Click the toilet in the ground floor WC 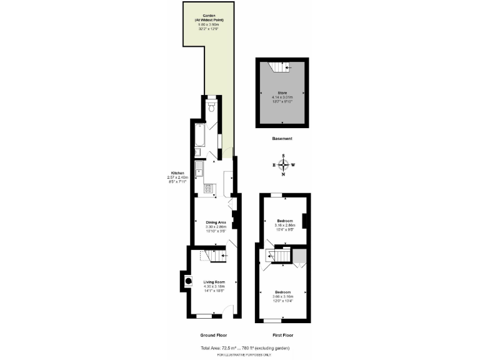coord(212,108)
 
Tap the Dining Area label coord(215,222)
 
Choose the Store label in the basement coord(282,92)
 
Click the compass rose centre coord(284,165)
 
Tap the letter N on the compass coord(284,175)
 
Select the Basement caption coord(282,138)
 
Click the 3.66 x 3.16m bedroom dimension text coord(282,296)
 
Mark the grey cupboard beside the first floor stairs coord(299,256)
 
